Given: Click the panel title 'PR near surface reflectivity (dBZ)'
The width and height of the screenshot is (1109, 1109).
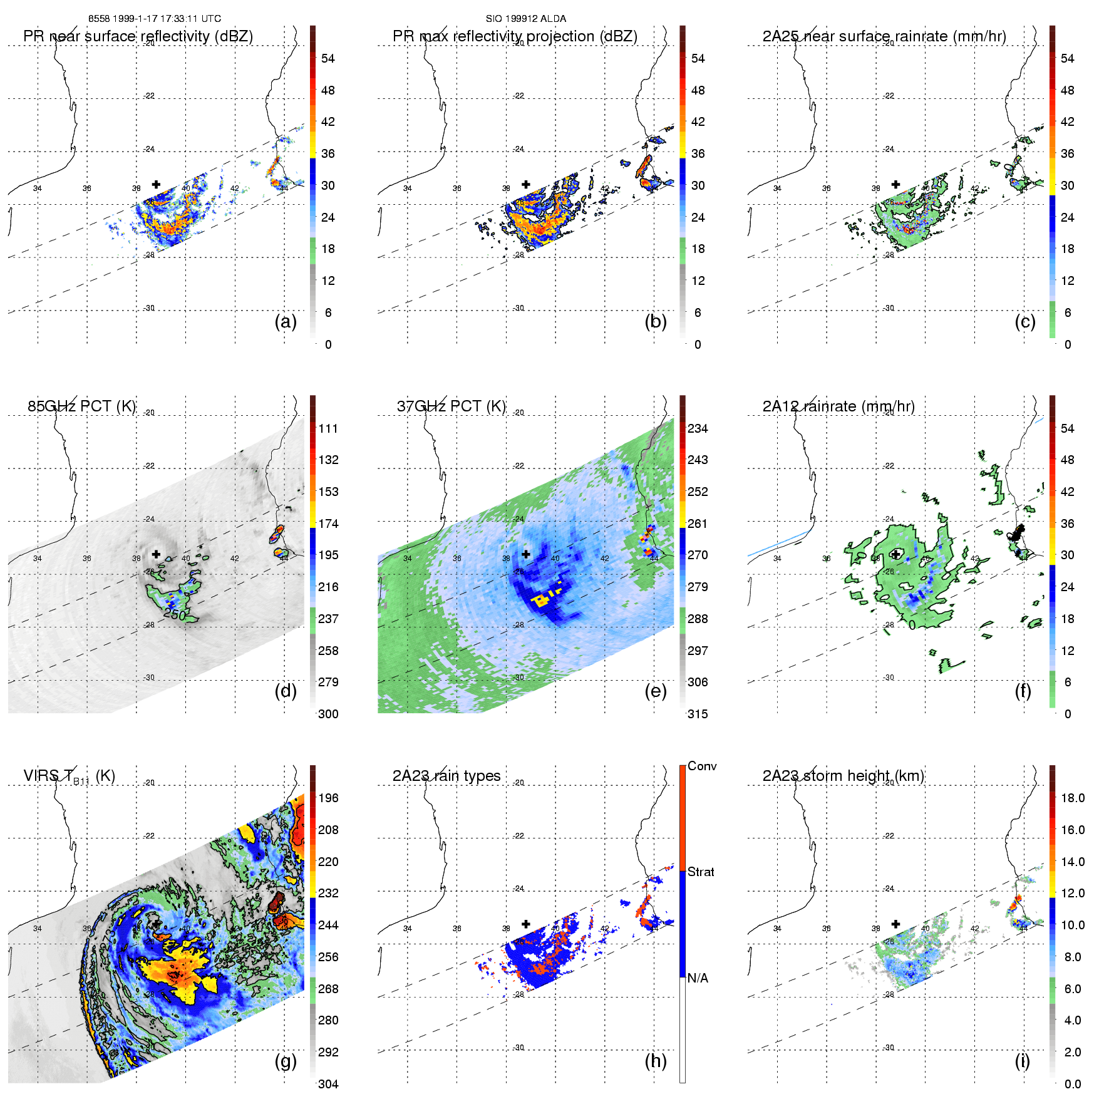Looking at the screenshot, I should (x=138, y=36).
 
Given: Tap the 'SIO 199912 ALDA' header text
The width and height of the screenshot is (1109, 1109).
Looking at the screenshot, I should (x=525, y=19).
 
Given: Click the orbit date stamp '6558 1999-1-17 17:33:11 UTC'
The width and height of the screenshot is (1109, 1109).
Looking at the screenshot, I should (x=154, y=19).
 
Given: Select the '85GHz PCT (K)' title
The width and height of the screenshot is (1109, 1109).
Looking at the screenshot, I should (x=81, y=406).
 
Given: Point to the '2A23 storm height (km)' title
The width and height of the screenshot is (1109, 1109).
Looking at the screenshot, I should (x=843, y=776).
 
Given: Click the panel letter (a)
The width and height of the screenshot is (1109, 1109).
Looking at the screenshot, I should (x=286, y=322).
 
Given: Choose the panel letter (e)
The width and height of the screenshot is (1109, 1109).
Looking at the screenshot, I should (x=655, y=691).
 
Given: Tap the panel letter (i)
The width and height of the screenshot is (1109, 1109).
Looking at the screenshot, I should (x=1022, y=1061).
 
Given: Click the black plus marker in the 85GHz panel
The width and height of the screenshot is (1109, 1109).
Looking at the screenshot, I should (x=156, y=554).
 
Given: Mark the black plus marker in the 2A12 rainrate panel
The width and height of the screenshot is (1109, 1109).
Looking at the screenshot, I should (x=896, y=554).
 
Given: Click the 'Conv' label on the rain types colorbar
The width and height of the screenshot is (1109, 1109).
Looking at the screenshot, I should (x=702, y=766).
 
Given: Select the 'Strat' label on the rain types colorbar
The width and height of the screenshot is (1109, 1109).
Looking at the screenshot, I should (x=701, y=872).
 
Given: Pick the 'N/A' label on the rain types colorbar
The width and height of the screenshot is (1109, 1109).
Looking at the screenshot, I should (x=698, y=978).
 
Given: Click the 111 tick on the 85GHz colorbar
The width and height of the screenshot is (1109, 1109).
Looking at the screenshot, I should (x=328, y=429).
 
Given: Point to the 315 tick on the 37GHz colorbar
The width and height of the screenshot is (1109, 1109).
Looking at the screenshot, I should (x=698, y=714).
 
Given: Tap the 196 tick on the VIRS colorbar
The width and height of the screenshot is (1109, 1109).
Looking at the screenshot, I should (x=328, y=798).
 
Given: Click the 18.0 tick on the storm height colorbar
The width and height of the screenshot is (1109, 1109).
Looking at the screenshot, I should (x=1072, y=798).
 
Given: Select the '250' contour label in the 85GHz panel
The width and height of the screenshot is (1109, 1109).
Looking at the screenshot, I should (x=174, y=614).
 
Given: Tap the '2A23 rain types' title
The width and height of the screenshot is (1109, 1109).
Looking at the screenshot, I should (x=446, y=776).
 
